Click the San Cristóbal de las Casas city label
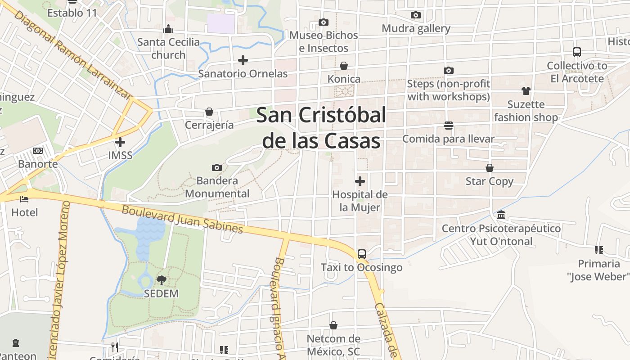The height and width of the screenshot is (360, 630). pos(321,128)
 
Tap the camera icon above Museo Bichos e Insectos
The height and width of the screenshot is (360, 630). pos(323,22)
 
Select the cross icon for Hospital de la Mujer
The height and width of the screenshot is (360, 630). pos(360,181)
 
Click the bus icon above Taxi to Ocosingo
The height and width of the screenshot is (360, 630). pos(362,254)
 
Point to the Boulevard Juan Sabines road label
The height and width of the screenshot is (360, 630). pos(182,219)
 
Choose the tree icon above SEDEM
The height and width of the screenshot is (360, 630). pos(161,280)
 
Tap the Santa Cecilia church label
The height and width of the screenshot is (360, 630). pos(168,48)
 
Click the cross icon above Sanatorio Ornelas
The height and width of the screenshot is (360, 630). pos(243,60)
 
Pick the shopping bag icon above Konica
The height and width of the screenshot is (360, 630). pos(344,66)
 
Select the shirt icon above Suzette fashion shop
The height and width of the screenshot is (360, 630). pos(526,91)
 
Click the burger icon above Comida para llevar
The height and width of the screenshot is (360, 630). pos(448,125)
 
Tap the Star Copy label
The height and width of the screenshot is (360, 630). pos(489,181)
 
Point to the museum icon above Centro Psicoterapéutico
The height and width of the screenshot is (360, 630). pos(501,215)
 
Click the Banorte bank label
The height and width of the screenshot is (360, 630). pos(38,164)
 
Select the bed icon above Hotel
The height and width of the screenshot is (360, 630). pos(24,199)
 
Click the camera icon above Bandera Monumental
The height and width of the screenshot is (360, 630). pos(217,167)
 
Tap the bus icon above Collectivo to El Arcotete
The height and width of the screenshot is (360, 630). pos(577,52)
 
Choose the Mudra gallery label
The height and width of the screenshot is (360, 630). pos(416,28)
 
